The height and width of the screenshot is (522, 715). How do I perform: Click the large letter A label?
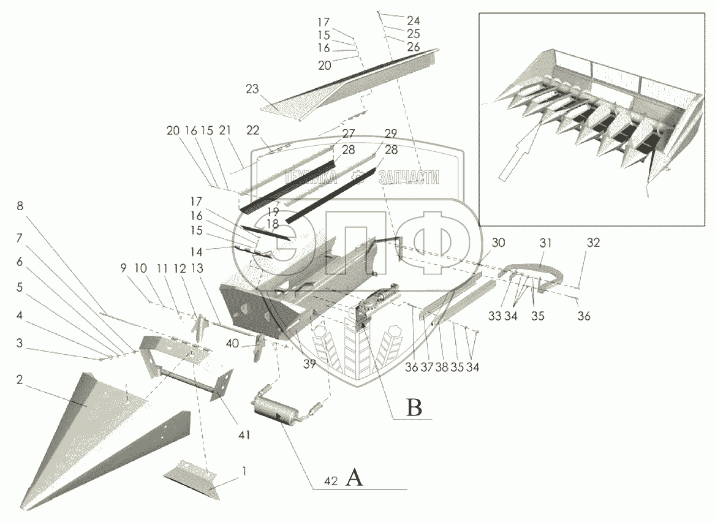(x=355, y=477)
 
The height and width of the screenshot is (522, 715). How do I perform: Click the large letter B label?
(x=414, y=407)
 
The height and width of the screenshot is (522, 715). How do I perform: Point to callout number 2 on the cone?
(x=20, y=380)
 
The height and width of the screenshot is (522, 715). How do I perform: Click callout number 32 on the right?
(x=592, y=243)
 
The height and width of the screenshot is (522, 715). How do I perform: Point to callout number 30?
(x=498, y=243)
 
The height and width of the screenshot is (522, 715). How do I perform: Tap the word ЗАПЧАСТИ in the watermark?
(x=409, y=177)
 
